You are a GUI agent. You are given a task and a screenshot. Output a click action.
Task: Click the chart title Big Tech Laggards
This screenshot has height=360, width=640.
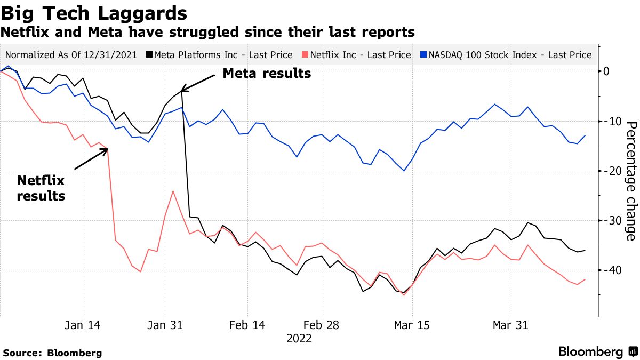point(94,13)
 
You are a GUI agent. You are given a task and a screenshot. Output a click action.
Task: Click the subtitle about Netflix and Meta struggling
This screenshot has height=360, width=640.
point(207,32)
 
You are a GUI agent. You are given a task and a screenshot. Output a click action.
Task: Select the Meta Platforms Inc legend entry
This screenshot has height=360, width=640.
point(223,55)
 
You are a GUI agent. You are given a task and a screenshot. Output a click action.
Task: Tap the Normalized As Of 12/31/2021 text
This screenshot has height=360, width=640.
point(71,55)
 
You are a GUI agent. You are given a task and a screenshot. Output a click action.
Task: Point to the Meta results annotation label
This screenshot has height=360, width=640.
point(267,74)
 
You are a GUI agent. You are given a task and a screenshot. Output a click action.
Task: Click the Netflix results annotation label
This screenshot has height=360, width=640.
point(41,188)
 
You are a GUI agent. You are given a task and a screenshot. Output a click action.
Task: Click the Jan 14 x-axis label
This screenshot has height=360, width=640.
point(83,325)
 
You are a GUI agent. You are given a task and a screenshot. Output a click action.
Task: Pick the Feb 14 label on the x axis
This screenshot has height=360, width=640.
point(246,325)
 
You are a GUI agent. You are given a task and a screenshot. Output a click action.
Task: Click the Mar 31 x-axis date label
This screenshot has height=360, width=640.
point(510,325)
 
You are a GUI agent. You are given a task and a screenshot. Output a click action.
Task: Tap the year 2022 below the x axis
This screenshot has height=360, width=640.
point(299,338)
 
